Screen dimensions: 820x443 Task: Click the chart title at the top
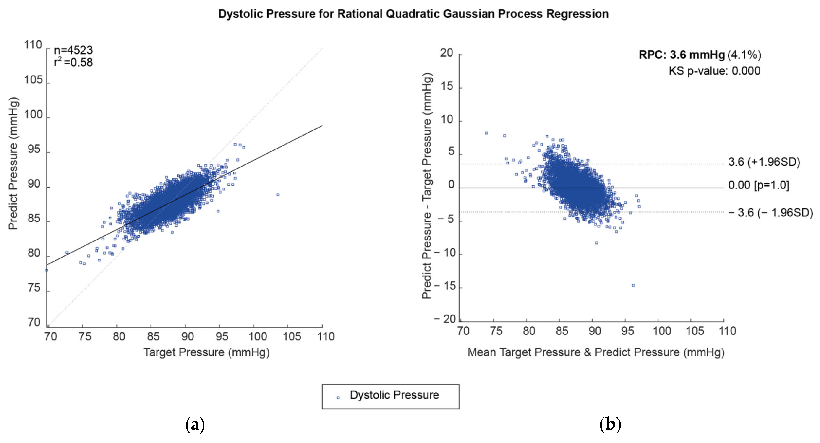pos(413,14)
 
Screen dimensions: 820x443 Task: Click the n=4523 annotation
pos(73,50)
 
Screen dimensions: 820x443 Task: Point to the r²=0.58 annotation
pos(73,62)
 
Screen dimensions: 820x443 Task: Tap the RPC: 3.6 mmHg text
pos(682,55)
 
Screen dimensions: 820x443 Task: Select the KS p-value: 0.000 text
pos(714,71)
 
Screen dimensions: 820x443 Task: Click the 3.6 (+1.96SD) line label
pos(764,162)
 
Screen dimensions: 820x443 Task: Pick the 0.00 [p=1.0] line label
pos(759,185)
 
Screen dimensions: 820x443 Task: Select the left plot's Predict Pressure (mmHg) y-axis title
pos(13,164)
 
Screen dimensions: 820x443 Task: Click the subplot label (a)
pos(195,425)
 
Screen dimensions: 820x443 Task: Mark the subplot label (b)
pos(610,425)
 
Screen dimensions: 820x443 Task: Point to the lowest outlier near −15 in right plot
pos(633,285)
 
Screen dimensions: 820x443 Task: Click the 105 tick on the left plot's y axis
pos(33,80)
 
